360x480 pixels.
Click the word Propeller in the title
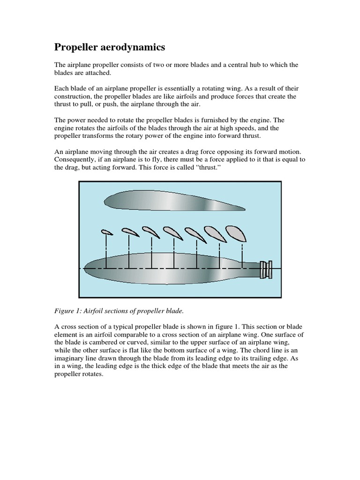coord(77,47)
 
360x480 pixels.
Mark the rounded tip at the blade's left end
coord(89,268)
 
